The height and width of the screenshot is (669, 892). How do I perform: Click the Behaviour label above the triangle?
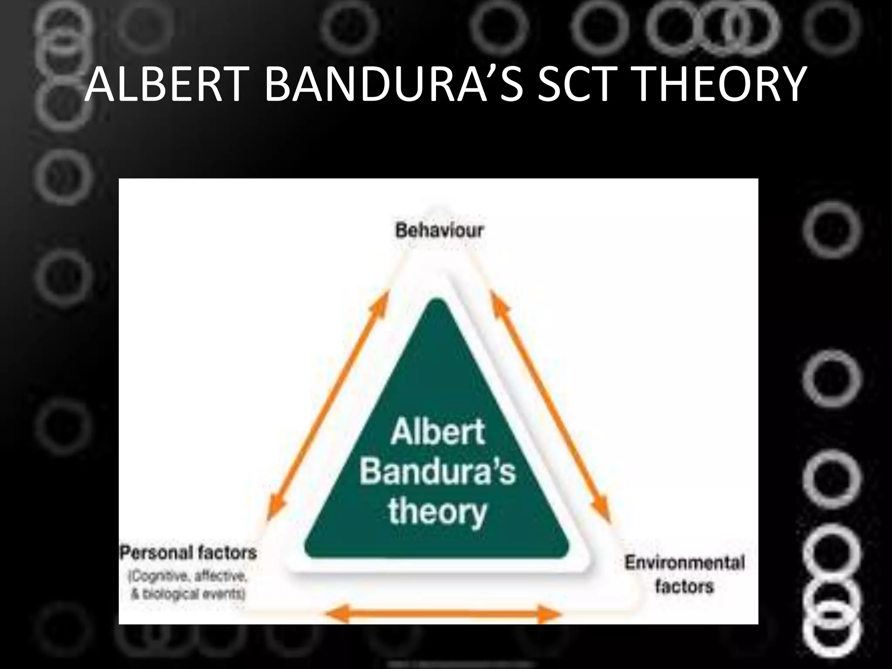[x=439, y=230]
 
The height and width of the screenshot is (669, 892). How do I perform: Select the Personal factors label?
[x=188, y=553]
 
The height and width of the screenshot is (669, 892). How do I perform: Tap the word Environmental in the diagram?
[x=685, y=563]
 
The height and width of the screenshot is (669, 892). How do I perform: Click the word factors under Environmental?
[x=684, y=586]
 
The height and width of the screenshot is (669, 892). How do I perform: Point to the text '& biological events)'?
[x=188, y=594]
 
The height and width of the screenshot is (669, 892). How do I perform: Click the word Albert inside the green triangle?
[x=438, y=432]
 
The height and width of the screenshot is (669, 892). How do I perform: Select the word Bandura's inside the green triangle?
[x=438, y=471]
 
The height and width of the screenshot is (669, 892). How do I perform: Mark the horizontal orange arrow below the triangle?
[x=443, y=615]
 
